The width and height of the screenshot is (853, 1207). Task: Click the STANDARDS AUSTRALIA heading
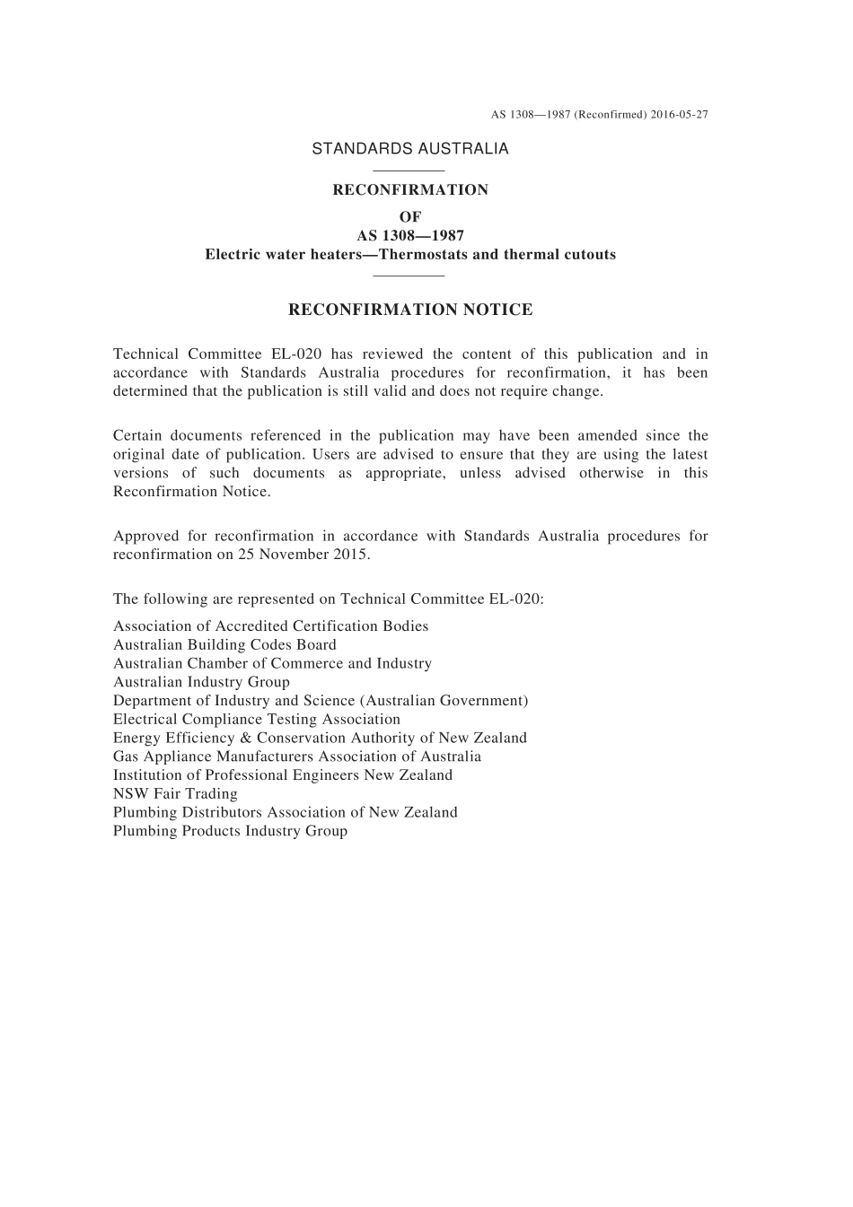point(410,149)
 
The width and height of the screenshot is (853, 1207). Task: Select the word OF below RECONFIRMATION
point(410,216)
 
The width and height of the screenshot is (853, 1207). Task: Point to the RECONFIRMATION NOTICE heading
point(410,310)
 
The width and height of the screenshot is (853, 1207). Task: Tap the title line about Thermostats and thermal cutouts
point(410,254)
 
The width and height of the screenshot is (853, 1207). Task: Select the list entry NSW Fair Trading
point(175,793)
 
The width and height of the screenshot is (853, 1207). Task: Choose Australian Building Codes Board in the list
point(224,644)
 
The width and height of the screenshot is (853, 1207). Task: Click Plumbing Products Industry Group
point(230,831)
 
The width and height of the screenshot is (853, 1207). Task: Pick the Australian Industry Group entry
point(201,682)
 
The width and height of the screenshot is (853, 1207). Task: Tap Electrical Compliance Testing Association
point(257,719)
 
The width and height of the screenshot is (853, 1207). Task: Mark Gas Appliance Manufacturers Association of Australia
point(297,757)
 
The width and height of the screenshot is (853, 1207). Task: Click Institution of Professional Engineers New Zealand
point(283,775)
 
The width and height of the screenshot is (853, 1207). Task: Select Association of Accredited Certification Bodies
point(270,626)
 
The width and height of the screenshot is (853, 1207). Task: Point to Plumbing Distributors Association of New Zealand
point(286,812)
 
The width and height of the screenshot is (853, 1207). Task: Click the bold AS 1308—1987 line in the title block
point(410,236)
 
